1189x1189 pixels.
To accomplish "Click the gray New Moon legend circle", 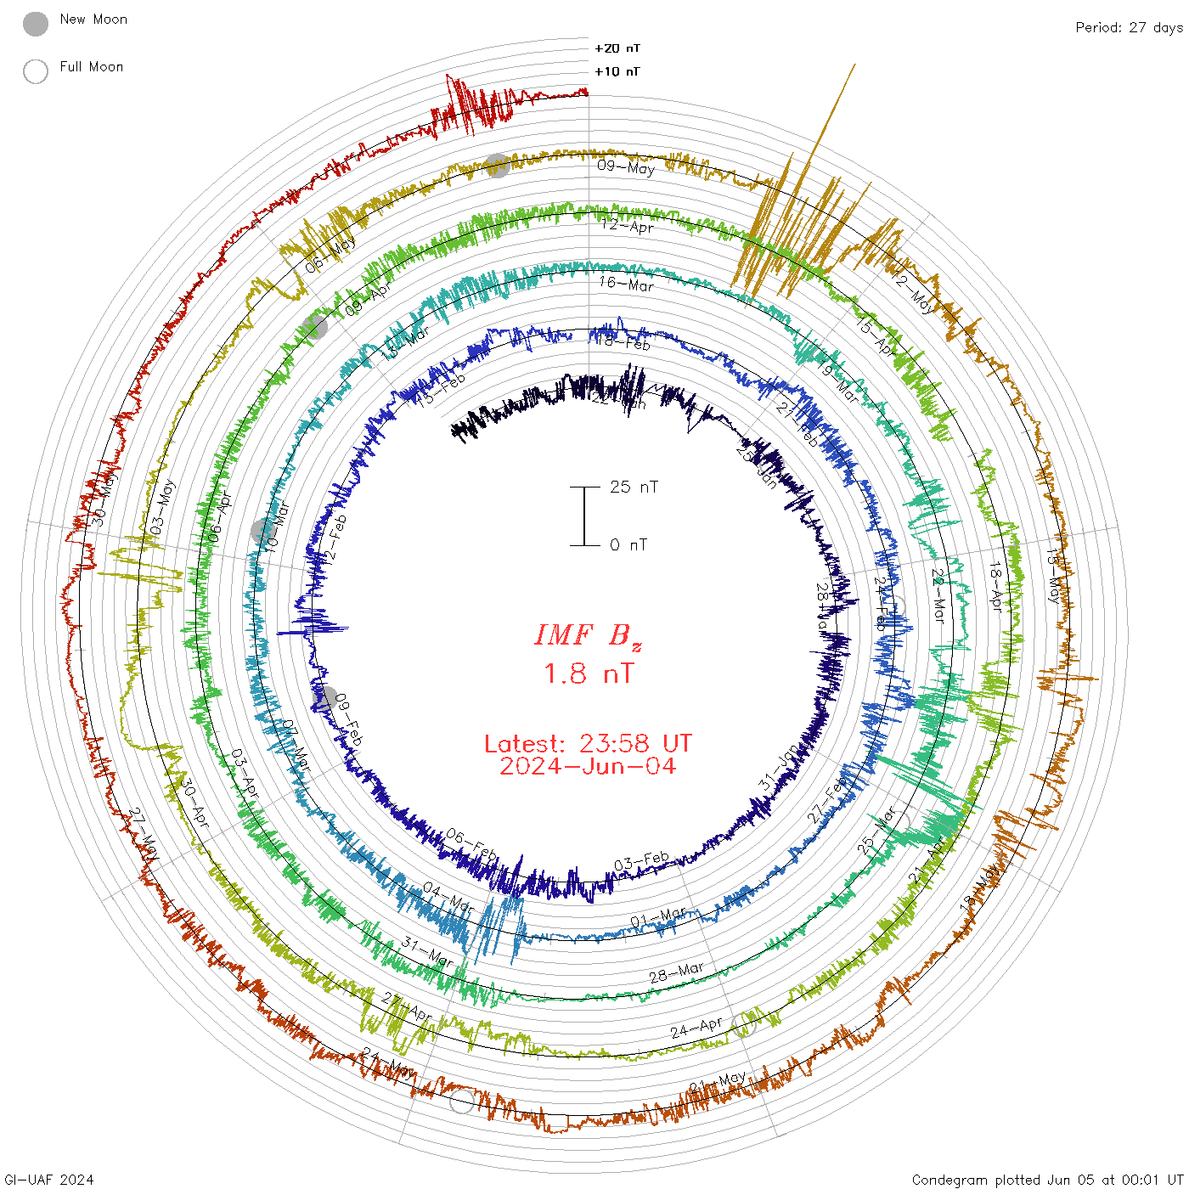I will pos(36,25).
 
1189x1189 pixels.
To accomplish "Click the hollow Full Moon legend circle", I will pos(36,71).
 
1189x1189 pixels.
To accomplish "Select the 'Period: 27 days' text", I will pos(1129,27).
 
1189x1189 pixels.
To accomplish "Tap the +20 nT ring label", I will pos(617,48).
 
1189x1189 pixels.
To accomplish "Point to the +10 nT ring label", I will pos(617,71).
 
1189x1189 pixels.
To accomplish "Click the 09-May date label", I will pos(626,166).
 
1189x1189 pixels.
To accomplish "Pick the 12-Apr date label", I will pos(628,225).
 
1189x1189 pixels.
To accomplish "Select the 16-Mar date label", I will pos(626,284).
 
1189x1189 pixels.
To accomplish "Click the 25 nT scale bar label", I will pos(634,487).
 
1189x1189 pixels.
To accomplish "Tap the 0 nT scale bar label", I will pos(628,544).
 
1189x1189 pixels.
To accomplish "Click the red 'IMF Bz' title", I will pos(588,635).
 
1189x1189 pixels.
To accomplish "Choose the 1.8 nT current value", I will pos(589,673).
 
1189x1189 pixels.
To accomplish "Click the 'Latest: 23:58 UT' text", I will pos(588,744).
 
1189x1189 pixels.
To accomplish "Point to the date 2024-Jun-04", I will pos(588,766).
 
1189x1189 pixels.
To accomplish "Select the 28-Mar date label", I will pos(677,972).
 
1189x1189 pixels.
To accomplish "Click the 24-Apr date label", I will pos(696,1028).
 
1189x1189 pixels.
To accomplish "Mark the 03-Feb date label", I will pos(641,862).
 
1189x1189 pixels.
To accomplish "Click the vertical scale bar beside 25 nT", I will pos(584,516).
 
